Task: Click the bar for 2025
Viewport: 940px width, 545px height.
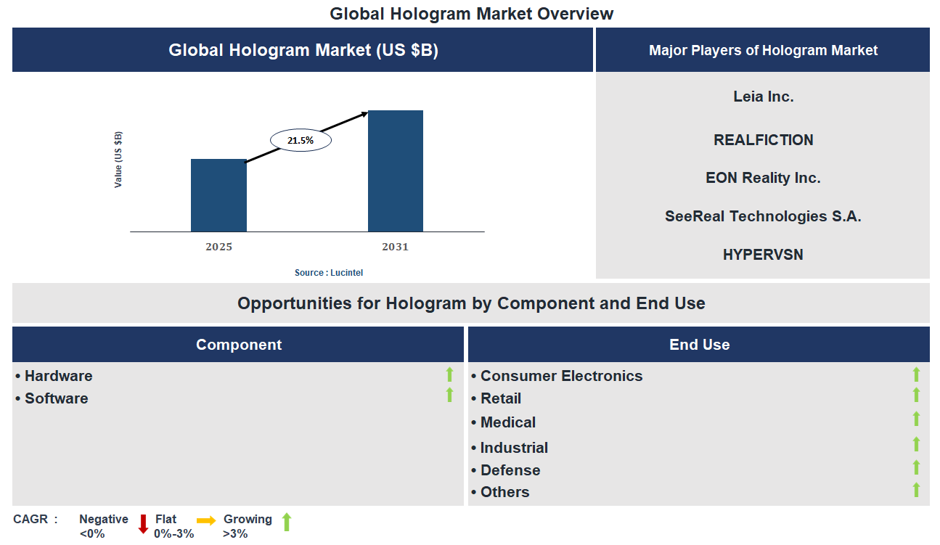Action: pyautogui.click(x=218, y=195)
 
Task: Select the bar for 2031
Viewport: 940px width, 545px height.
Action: pyautogui.click(x=396, y=171)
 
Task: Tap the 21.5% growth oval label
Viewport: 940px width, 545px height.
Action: pyautogui.click(x=301, y=141)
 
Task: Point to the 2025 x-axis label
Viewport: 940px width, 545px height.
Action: pyautogui.click(x=218, y=247)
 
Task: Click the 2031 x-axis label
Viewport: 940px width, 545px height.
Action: pyautogui.click(x=396, y=247)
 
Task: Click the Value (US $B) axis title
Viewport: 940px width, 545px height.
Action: pyautogui.click(x=118, y=160)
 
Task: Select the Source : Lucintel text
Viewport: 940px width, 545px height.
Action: pyautogui.click(x=329, y=273)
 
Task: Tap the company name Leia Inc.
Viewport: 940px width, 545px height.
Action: pyautogui.click(x=763, y=97)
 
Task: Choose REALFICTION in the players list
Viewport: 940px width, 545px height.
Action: pyautogui.click(x=763, y=140)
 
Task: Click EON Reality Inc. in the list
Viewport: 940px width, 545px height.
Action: pyautogui.click(x=763, y=178)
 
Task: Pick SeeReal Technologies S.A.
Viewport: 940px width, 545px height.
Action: pyautogui.click(x=763, y=216)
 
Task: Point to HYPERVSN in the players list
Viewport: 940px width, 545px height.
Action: pyautogui.click(x=763, y=255)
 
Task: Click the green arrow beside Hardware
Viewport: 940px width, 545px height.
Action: pyautogui.click(x=449, y=374)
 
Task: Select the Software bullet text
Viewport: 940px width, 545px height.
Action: pyautogui.click(x=56, y=398)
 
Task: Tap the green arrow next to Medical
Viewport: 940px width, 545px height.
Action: pyautogui.click(x=916, y=419)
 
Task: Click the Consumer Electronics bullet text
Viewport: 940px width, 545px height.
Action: pyautogui.click(x=561, y=376)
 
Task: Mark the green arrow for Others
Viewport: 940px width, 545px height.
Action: pyautogui.click(x=916, y=490)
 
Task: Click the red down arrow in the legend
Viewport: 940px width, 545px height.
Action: pyautogui.click(x=143, y=523)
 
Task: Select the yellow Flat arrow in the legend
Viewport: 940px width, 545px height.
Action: pyautogui.click(x=206, y=520)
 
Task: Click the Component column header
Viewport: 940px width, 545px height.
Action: pyautogui.click(x=238, y=345)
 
